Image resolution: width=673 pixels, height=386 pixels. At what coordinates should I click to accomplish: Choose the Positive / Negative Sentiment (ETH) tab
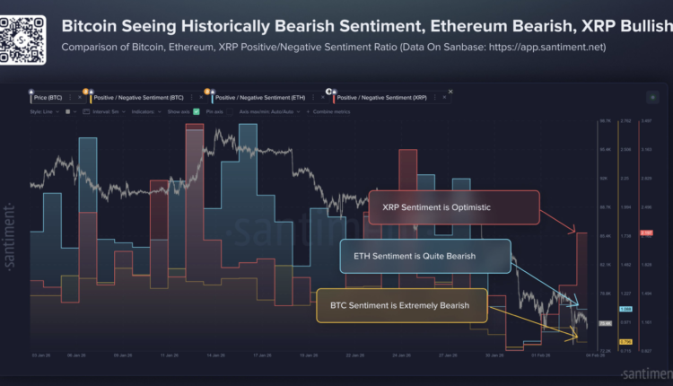click(260, 95)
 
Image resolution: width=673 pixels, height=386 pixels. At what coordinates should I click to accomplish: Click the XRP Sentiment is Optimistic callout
click(454, 207)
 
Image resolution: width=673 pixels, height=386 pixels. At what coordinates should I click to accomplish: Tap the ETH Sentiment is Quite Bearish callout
click(425, 256)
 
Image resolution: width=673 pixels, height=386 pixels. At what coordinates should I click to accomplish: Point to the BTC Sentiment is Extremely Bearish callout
click(402, 305)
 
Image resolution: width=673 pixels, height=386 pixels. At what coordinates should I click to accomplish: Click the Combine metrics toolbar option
click(331, 111)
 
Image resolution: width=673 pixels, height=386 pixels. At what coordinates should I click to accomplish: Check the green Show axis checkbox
click(196, 111)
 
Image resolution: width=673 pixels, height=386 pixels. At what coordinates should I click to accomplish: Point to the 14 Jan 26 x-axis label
click(214, 355)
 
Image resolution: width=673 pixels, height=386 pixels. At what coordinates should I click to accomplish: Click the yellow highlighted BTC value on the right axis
click(626, 342)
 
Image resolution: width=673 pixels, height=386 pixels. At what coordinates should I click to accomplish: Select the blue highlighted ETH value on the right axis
click(626, 309)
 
